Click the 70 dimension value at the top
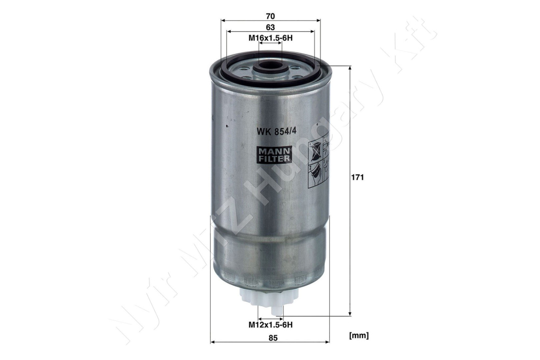coord(271,16)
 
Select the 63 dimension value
coord(271,27)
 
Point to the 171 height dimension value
coord(358,178)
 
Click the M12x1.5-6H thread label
coord(271,324)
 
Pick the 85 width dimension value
coord(273,338)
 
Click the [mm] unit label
coord(359,335)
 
